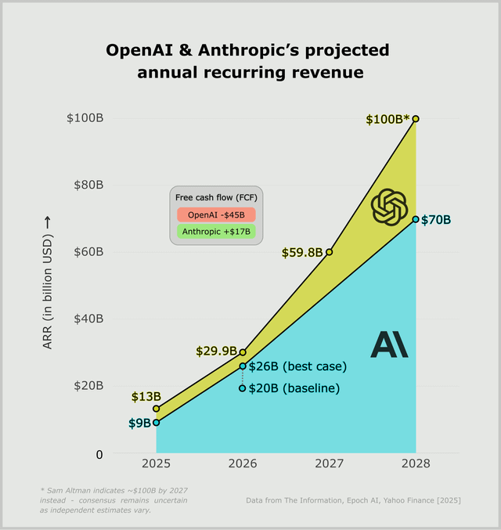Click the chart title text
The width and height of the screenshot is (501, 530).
point(247,62)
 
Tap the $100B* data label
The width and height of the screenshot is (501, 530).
point(387,120)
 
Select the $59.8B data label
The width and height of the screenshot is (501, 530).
point(301,252)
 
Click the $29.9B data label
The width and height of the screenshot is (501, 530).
point(216,352)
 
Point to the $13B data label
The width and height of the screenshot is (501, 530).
point(146,397)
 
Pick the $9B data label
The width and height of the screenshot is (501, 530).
point(139,424)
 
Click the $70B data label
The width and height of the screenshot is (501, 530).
point(436,220)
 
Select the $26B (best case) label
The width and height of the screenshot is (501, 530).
point(297,366)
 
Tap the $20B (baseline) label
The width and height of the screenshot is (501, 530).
point(294,388)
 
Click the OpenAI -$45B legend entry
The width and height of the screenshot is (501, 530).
point(216,215)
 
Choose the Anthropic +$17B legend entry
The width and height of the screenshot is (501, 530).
point(216,232)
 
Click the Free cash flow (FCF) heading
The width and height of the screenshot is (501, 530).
point(215,196)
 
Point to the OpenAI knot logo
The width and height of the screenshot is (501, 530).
point(389,207)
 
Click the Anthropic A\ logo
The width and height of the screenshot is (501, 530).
point(389,344)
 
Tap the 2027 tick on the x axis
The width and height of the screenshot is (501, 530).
point(329,463)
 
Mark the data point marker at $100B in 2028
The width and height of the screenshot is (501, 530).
point(416,119)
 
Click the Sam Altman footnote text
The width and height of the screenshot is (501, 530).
point(114,499)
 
